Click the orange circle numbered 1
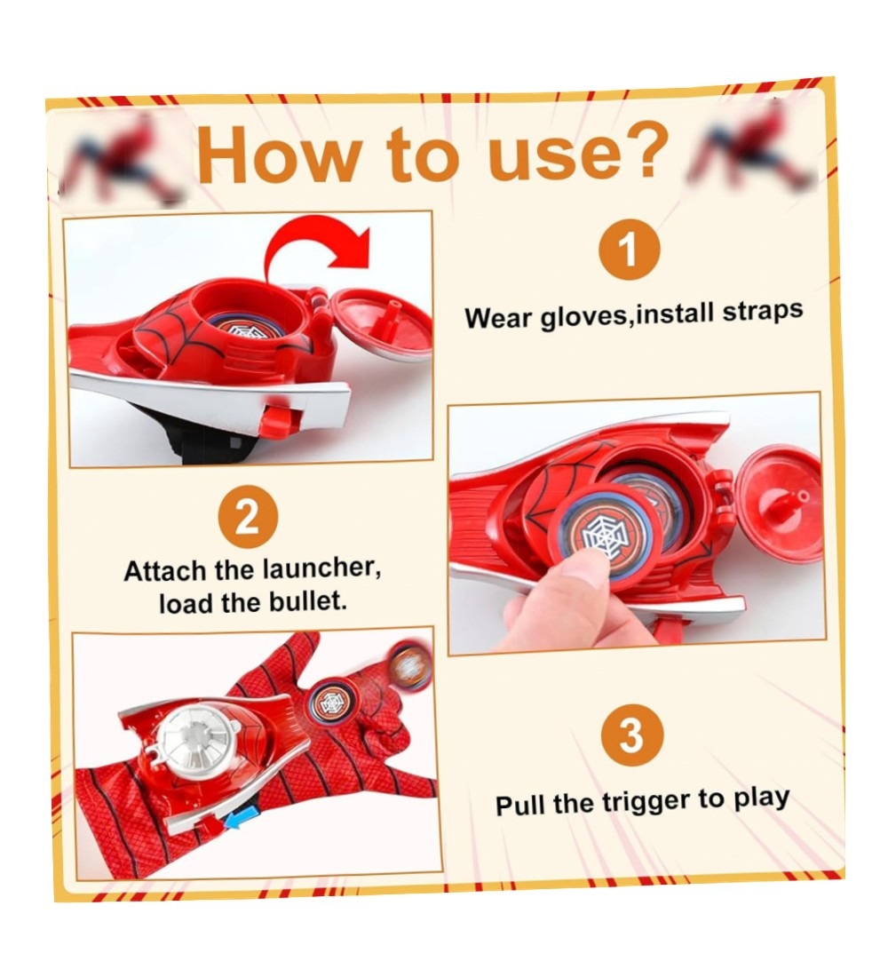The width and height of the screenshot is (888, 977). pyautogui.click(x=629, y=250)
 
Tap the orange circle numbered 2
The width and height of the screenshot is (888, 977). pyautogui.click(x=248, y=517)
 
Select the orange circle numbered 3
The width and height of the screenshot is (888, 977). pyautogui.click(x=632, y=736)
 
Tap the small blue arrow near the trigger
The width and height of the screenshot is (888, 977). pyautogui.click(x=242, y=819)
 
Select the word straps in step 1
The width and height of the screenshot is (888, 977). pyautogui.click(x=762, y=310)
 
